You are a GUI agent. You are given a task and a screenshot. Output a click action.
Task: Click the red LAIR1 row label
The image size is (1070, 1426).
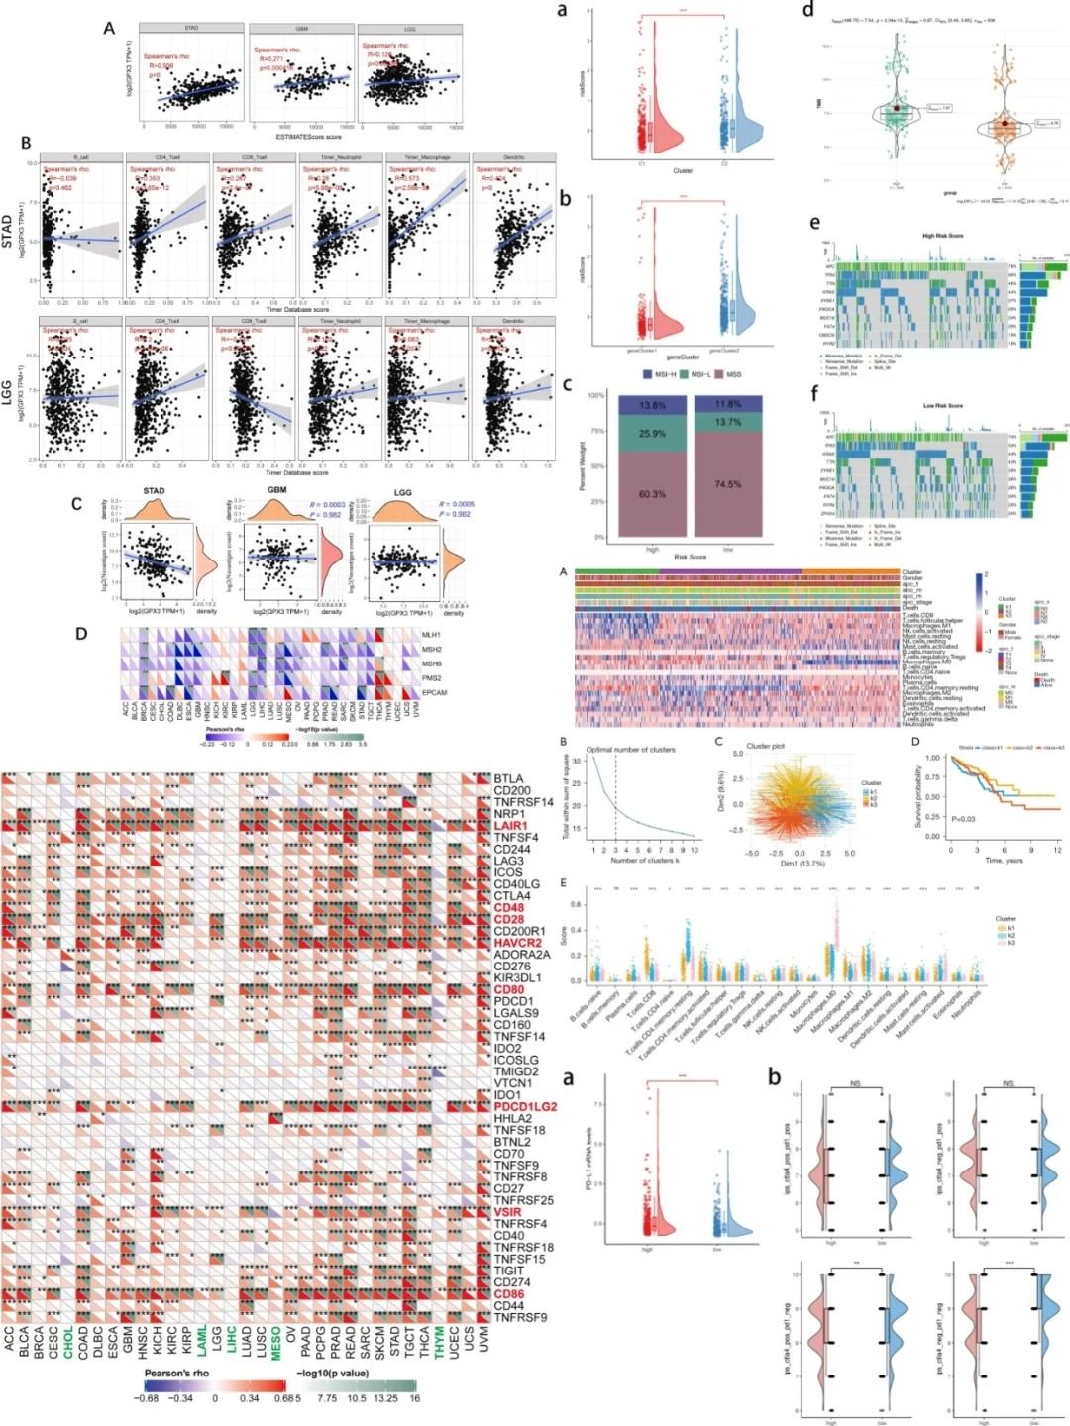(511, 826)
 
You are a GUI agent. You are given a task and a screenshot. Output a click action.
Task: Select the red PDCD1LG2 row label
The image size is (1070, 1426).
(525, 1107)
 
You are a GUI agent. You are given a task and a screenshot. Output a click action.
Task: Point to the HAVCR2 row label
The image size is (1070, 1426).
(518, 943)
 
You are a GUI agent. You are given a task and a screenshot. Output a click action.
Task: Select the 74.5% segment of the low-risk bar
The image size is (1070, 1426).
(728, 484)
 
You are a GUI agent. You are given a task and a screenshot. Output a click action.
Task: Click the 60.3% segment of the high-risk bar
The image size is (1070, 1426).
(652, 494)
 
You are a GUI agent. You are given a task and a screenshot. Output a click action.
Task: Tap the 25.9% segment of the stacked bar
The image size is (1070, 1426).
(652, 434)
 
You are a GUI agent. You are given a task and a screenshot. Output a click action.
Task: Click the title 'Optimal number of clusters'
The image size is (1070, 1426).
(631, 750)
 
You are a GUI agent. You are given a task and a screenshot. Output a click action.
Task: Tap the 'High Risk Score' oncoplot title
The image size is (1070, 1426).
(942, 236)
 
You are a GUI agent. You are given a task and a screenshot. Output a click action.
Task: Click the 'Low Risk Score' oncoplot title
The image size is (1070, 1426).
(942, 405)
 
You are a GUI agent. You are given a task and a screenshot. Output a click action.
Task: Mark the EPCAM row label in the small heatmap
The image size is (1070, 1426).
(434, 692)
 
